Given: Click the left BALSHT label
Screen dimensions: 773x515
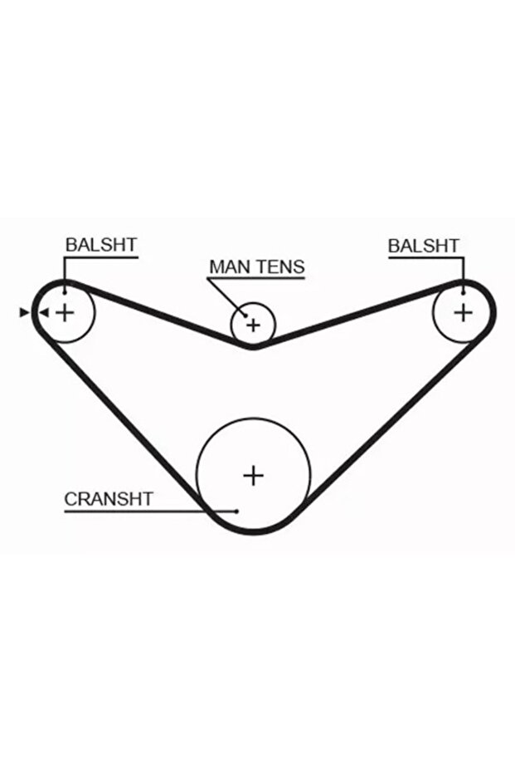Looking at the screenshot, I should coord(101,245).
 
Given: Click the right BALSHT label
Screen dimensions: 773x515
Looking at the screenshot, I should coord(423,246).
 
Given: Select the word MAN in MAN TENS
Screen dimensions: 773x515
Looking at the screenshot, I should coord(227,267).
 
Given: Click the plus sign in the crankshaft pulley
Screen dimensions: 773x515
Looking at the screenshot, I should coord(253,475).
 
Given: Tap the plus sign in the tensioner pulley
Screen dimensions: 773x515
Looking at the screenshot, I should coord(253,324).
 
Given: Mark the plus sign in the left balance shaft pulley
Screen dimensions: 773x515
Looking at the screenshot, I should coord(64,312).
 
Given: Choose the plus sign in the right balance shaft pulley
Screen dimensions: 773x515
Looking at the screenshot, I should coord(463,311).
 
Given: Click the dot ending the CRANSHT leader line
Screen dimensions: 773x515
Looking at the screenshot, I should coord(237,511).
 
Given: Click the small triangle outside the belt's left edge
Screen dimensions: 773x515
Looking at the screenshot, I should coord(23,312).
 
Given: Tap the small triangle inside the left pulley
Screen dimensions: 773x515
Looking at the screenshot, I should coord(44,312).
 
